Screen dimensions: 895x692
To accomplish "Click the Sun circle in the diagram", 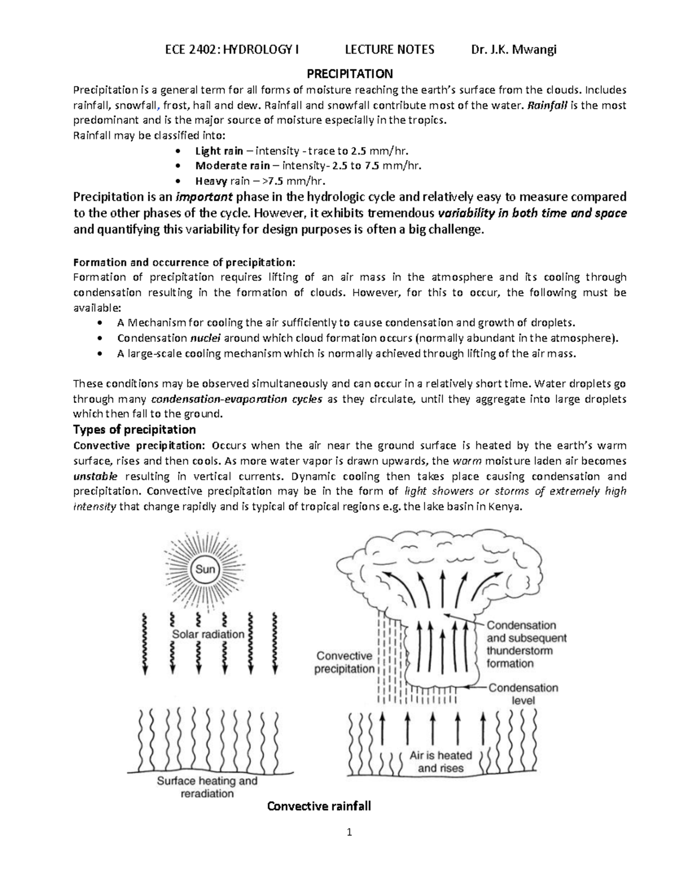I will tap(206, 569).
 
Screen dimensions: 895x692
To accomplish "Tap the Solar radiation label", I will tap(208, 634).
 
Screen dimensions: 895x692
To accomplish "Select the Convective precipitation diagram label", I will tap(344, 662).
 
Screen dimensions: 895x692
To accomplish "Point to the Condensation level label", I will tap(524, 694).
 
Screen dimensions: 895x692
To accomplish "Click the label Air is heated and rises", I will tap(441, 761).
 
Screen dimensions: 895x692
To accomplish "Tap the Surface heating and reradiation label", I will tap(207, 787).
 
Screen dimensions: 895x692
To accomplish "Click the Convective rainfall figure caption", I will tap(319, 806).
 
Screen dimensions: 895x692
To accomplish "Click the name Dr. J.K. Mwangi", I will tap(513, 50).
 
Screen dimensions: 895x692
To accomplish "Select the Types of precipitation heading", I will tap(134, 429).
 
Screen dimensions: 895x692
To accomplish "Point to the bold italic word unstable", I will tap(96, 477).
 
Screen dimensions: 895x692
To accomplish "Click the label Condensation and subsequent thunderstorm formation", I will tap(526, 644).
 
